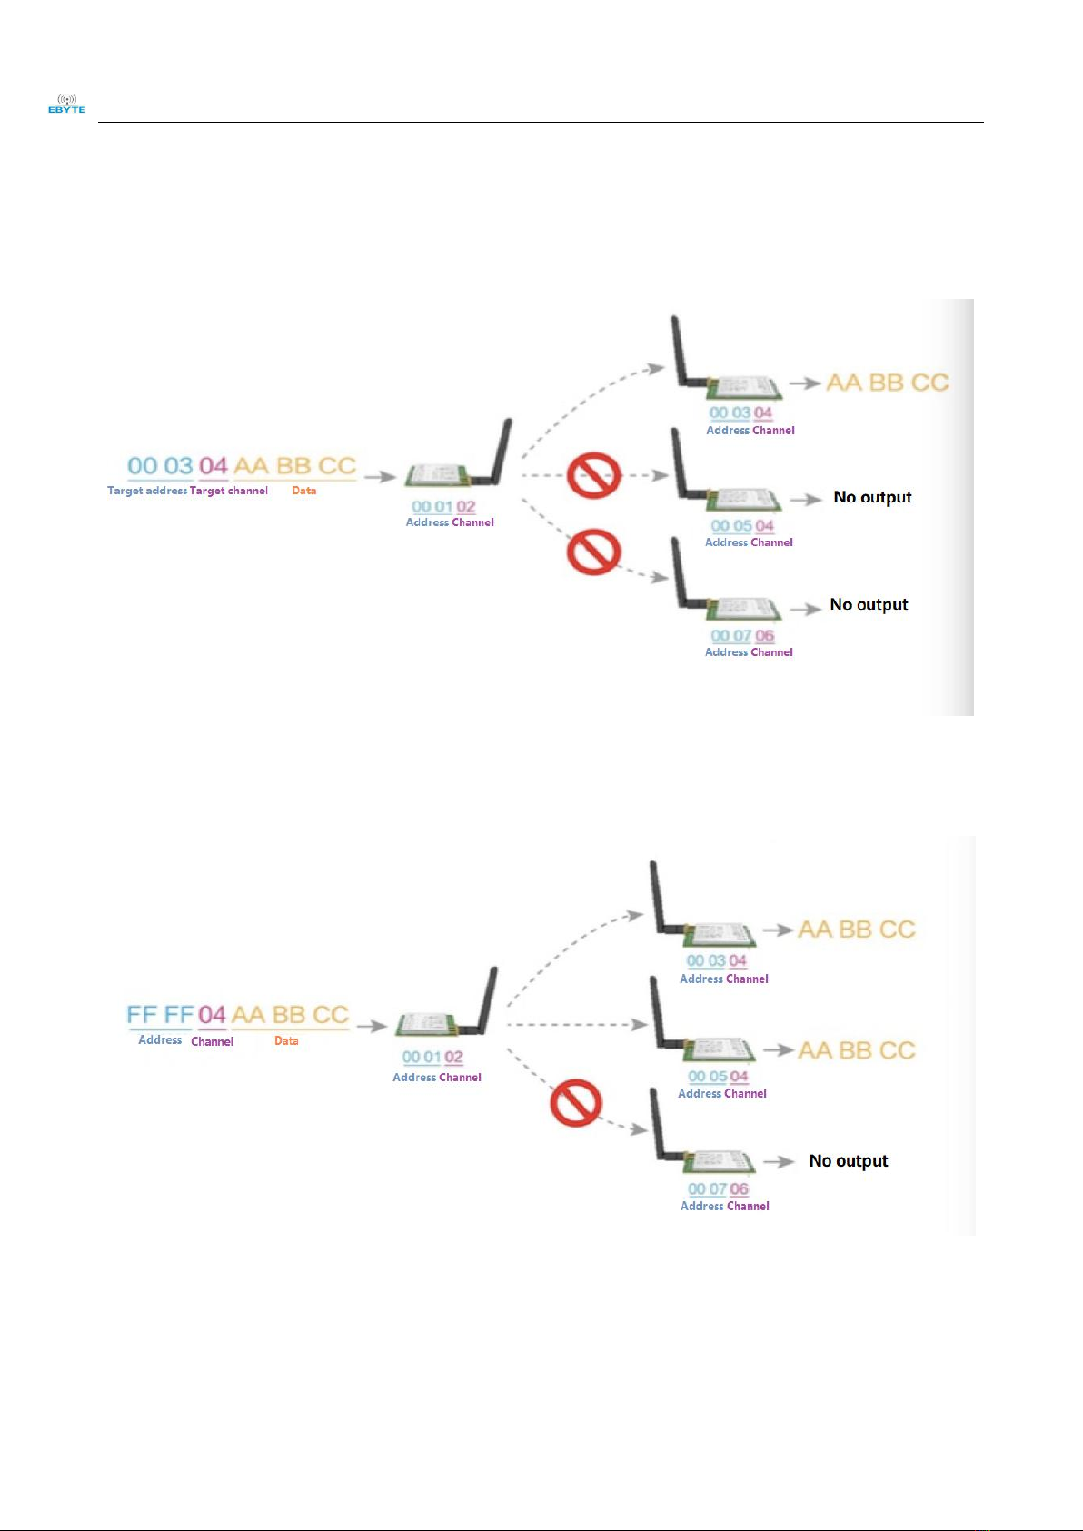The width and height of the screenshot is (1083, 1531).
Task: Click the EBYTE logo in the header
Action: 66,104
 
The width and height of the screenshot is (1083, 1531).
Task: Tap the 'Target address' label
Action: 147,491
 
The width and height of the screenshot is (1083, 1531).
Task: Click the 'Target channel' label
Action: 229,491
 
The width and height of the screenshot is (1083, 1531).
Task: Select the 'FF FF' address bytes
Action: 160,1015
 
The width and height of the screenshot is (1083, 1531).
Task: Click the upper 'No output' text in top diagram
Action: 872,498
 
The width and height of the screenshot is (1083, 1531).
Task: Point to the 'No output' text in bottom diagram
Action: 849,1161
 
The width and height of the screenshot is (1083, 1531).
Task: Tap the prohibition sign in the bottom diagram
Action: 576,1104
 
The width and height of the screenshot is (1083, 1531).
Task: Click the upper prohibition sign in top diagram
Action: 594,475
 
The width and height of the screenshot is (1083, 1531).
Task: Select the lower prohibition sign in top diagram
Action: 594,552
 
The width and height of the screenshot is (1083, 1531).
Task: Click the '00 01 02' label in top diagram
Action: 443,507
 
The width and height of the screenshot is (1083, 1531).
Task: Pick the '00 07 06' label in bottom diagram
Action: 718,1189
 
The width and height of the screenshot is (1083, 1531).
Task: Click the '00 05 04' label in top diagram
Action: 742,526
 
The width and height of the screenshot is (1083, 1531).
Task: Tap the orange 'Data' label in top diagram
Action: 304,491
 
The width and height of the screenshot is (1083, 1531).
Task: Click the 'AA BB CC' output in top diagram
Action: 887,383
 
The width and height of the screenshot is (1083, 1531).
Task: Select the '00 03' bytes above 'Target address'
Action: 160,466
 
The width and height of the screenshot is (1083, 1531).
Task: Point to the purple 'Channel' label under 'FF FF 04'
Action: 212,1041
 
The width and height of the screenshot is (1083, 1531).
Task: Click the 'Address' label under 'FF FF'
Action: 160,1040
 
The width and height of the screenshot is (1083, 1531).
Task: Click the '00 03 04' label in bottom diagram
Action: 717,960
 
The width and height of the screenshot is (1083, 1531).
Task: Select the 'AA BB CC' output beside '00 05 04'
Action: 857,1050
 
